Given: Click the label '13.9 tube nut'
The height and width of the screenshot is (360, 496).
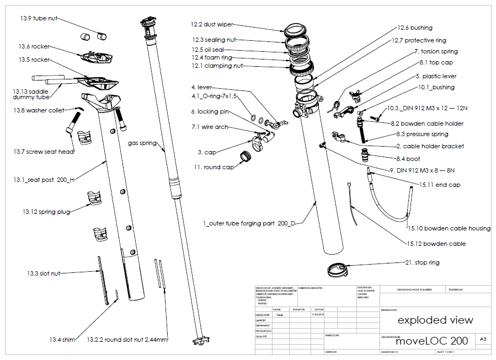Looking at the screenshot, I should click(x=38, y=19).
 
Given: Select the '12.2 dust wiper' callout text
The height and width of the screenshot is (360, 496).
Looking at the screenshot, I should click(x=212, y=25).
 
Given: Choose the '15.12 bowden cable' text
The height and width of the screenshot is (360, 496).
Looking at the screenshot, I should click(x=436, y=244).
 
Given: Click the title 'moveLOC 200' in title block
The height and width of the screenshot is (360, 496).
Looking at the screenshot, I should click(x=431, y=341).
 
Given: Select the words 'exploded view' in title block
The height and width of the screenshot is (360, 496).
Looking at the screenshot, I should click(x=435, y=320).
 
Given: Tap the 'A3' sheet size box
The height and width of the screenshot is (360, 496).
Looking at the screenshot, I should click(x=483, y=340).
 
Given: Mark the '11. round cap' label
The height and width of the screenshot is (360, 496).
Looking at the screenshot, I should click(x=213, y=167).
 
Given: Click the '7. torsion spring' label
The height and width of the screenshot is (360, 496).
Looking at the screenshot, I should click(x=435, y=51).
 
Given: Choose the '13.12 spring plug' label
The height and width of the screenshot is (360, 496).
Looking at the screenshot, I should click(x=46, y=212).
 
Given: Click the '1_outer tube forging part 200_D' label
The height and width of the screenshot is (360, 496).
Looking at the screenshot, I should click(x=249, y=223).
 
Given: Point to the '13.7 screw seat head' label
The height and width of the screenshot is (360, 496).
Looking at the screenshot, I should click(x=44, y=152).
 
